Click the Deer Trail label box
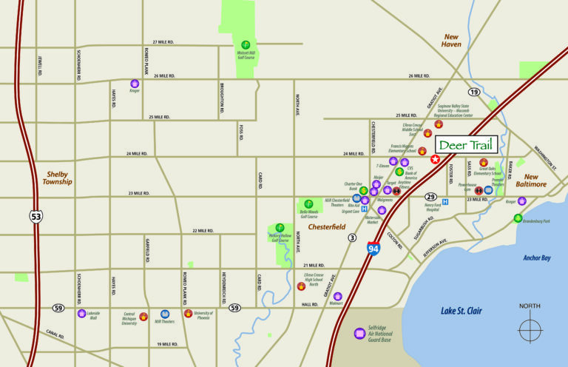465,144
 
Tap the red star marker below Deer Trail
436,159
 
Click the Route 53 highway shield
36,217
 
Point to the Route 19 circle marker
473,92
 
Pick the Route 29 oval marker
430,197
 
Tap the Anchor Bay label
538,258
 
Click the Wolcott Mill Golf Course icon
246,44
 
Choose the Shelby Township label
57,178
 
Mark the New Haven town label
451,41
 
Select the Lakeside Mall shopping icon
82,313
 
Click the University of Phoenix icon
188,314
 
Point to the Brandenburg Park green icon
518,218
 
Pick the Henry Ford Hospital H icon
444,202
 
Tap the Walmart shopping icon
337,296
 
